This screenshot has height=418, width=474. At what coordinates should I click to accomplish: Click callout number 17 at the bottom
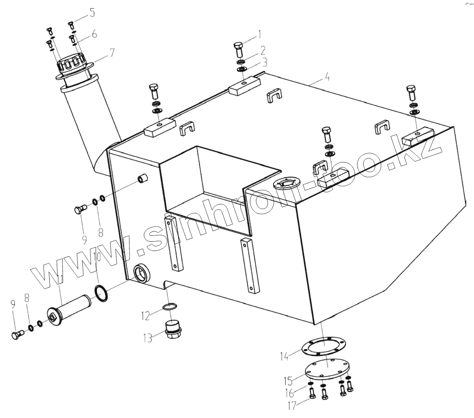(292, 406)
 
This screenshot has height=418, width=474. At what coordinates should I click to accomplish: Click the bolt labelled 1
(238, 49)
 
